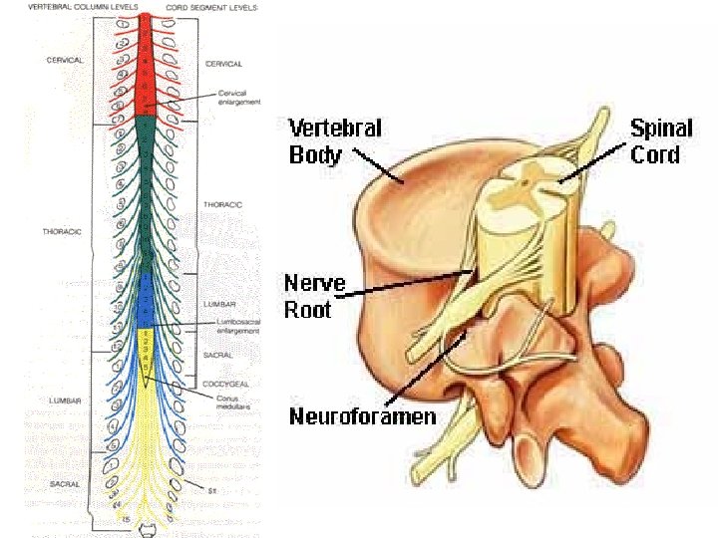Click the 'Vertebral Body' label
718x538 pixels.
(335, 141)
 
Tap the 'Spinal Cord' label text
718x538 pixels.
(655, 141)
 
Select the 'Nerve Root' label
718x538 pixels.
(314, 296)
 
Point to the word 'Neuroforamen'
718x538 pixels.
(362, 416)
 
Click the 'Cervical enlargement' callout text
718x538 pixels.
(239, 98)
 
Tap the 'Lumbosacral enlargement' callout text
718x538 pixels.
(238, 326)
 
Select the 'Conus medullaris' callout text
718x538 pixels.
(236, 403)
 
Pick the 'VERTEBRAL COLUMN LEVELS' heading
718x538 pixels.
(83, 7)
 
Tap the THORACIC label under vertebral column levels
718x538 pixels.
(62, 231)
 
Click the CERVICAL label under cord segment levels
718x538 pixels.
(223, 64)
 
